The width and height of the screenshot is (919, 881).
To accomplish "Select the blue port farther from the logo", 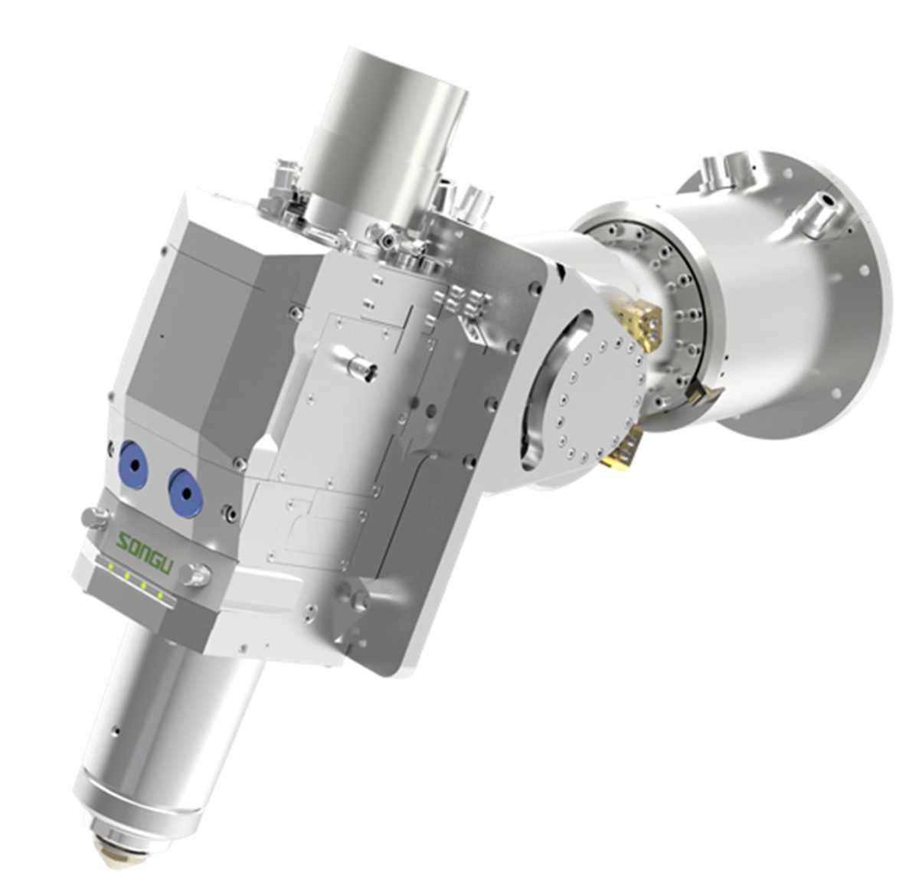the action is click(x=134, y=465).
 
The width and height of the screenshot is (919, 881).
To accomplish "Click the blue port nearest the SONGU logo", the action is click(x=186, y=493).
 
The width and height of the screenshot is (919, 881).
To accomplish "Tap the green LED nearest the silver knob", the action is click(x=160, y=596).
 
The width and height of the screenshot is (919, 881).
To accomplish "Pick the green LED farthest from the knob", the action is click(x=110, y=566).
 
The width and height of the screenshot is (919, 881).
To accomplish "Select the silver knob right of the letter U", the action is click(x=197, y=575).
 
